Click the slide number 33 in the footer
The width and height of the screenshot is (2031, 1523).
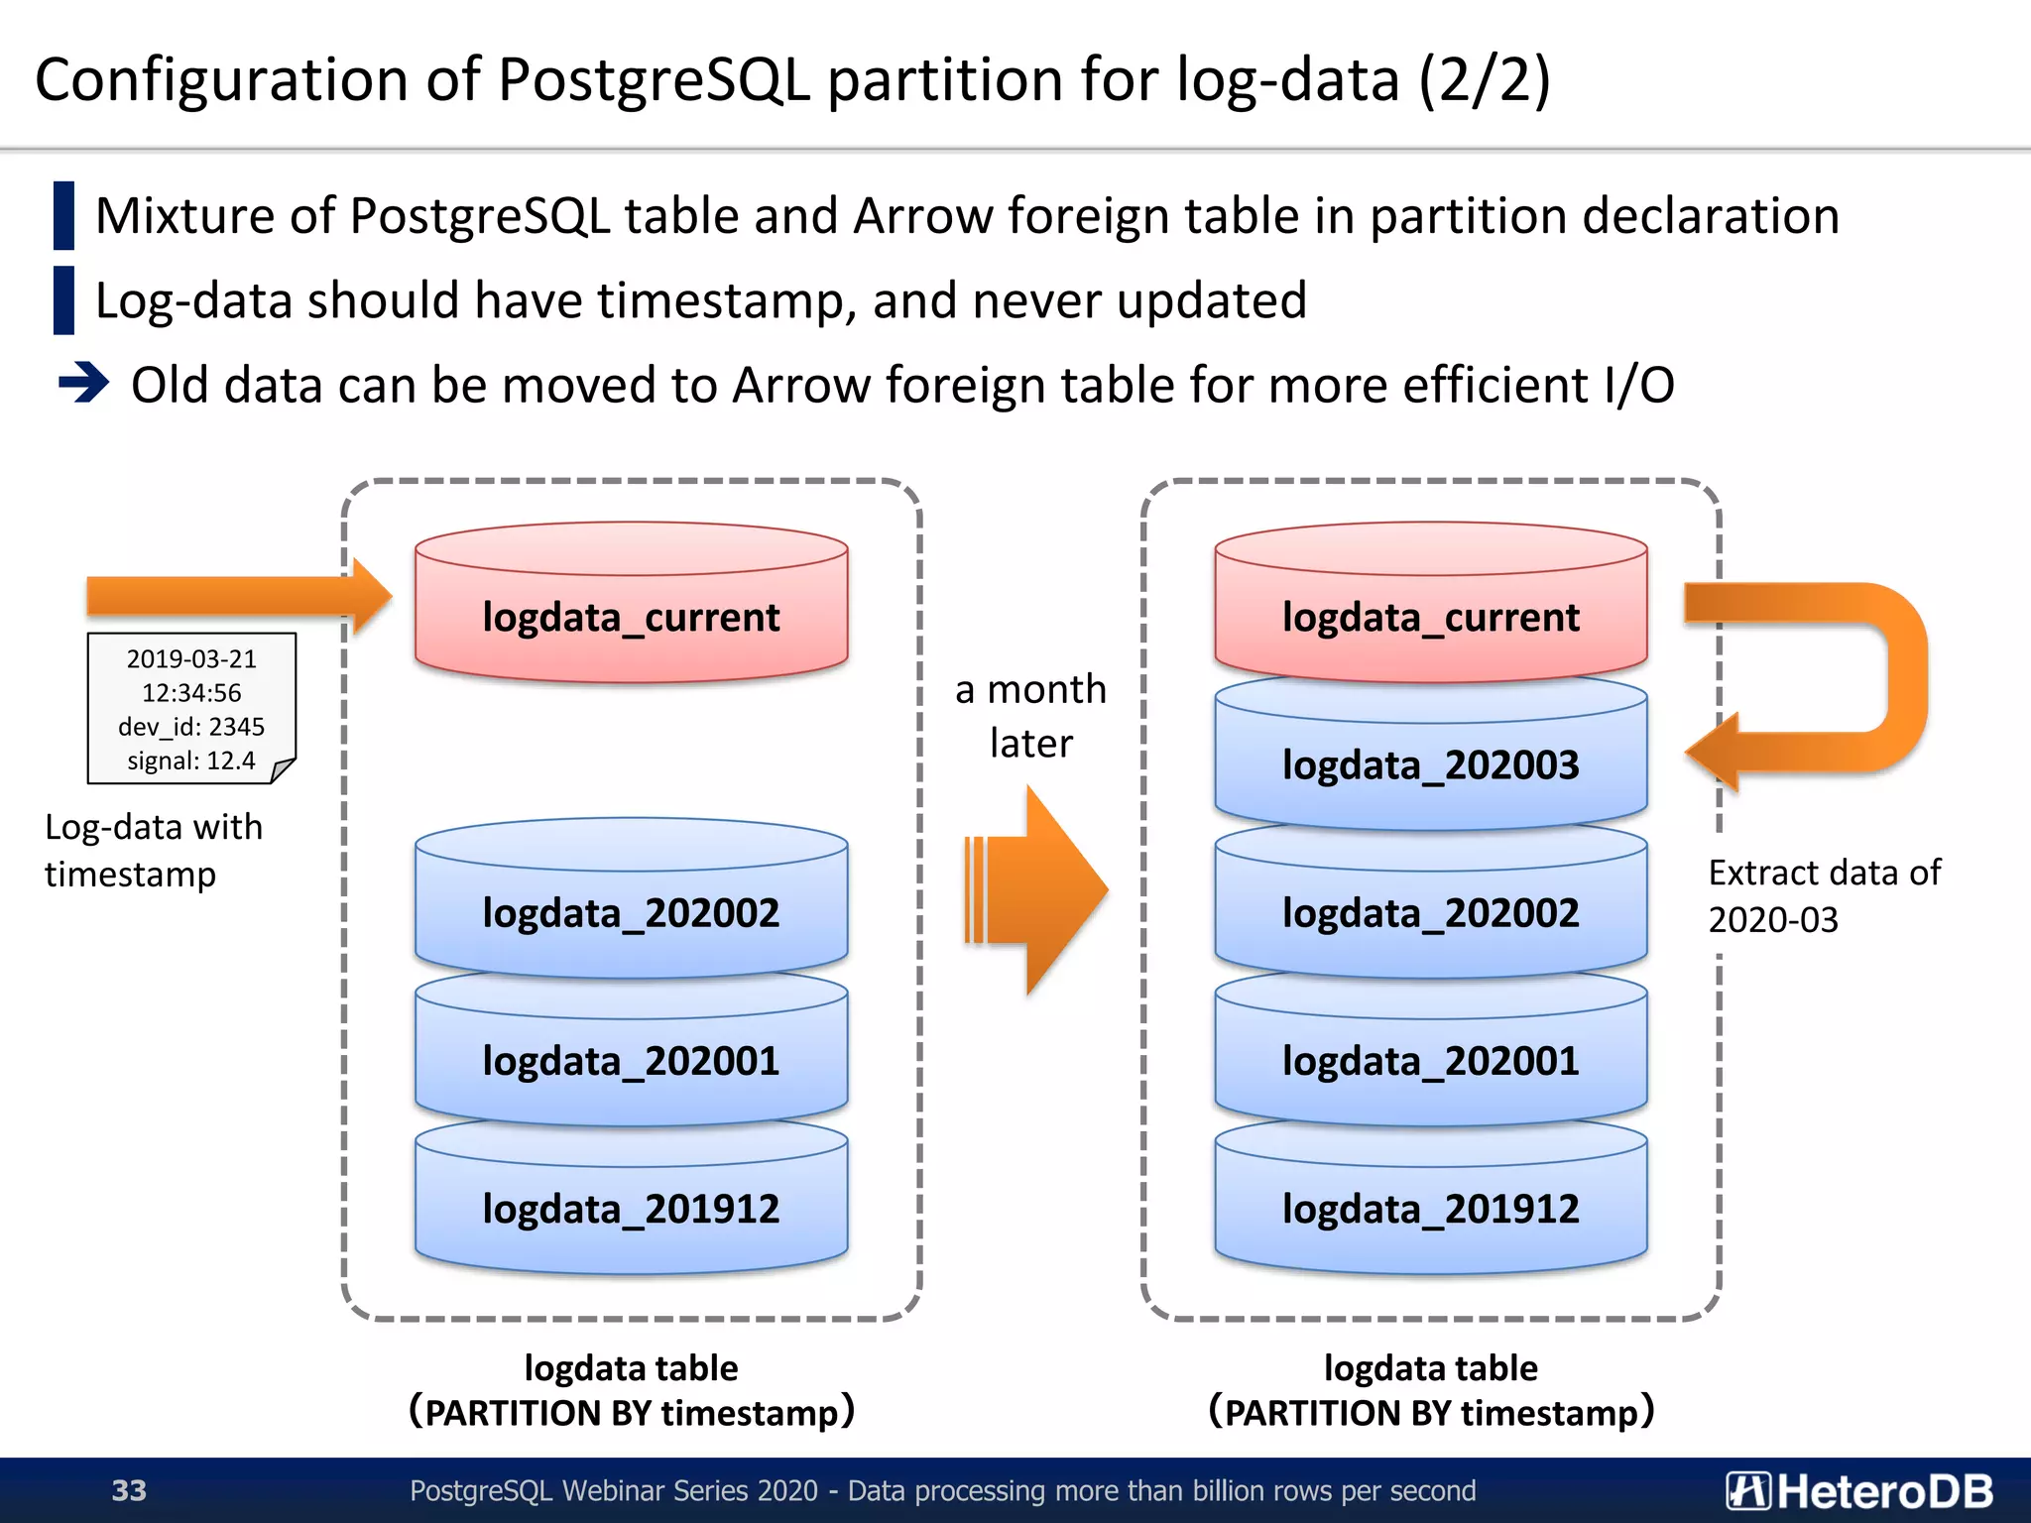[129, 1490]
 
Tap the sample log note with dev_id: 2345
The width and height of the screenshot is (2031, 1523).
[191, 709]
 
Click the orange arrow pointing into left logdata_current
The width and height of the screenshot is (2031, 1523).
[238, 596]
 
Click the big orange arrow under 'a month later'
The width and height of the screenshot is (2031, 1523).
[1036, 889]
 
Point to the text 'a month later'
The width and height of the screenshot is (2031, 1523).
[1030, 715]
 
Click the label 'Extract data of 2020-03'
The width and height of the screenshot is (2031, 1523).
[1823, 895]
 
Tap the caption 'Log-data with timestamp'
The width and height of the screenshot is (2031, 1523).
[154, 850]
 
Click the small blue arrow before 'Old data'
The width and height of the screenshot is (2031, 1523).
[83, 383]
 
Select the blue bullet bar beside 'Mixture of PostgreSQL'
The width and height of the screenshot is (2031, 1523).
[63, 215]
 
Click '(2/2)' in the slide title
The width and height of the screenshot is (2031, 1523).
[1484, 79]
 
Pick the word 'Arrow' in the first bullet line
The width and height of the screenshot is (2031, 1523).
[921, 215]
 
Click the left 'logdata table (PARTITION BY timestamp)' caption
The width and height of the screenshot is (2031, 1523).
[631, 1390]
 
